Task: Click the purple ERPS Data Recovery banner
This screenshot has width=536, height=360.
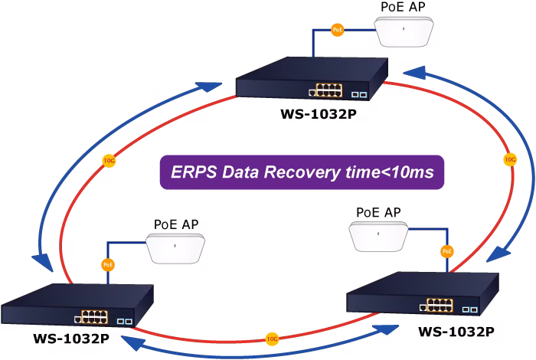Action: point(302,172)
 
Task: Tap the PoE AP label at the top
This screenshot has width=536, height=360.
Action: point(403,7)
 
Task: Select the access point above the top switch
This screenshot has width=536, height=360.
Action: point(404,31)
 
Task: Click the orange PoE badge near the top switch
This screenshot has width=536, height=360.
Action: point(338,30)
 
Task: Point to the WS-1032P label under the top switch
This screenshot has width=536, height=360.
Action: point(319,114)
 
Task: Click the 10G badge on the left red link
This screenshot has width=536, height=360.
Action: point(109,161)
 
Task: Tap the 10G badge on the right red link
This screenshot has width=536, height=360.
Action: point(510,159)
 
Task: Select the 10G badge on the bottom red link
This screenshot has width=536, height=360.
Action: point(272,339)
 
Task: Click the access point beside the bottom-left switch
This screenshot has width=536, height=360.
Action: point(175,248)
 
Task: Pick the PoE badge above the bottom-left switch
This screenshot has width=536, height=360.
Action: point(108,264)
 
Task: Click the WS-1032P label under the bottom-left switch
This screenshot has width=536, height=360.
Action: point(71,339)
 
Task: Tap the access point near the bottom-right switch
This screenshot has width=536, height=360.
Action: point(378,236)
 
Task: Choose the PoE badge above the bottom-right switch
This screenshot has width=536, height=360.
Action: point(447,252)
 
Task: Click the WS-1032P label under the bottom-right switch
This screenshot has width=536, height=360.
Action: point(456,332)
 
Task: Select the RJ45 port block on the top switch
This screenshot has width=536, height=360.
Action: point(328,90)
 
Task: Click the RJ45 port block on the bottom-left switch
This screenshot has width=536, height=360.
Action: point(94,317)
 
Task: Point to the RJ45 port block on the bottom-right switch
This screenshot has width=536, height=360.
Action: point(440,305)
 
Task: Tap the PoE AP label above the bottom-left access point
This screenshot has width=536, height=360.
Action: point(176,224)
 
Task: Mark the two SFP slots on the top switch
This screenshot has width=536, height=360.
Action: point(359,94)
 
